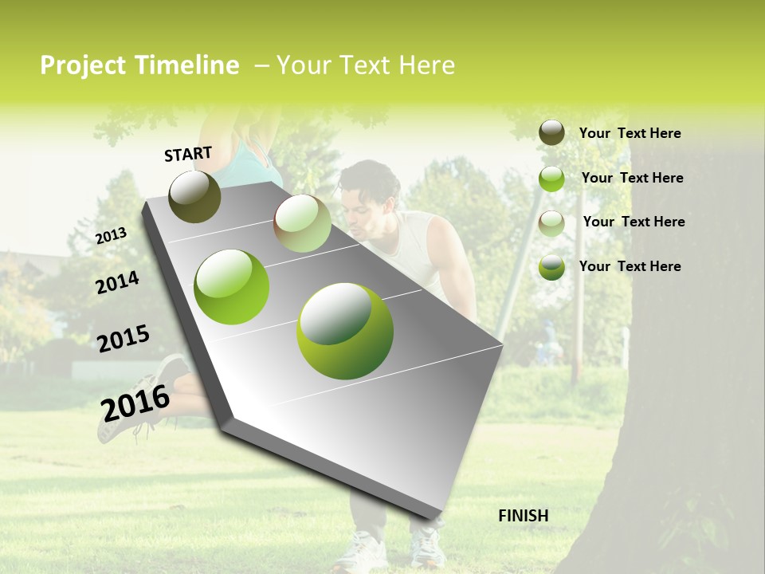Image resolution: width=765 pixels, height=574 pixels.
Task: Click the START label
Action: (188, 154)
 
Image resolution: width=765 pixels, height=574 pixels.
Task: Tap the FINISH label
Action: (523, 516)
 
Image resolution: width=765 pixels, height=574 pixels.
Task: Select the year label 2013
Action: (111, 235)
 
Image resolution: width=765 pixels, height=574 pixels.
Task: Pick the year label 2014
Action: (117, 282)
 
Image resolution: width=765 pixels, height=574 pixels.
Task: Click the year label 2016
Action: (135, 403)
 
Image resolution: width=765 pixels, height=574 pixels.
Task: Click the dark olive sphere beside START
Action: (194, 196)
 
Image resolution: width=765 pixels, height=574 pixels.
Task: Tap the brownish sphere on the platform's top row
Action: (302, 223)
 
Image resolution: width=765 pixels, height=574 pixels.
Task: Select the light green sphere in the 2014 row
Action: (232, 287)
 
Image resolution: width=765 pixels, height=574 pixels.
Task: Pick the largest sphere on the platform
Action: (345, 331)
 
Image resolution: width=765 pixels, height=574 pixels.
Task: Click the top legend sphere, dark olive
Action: (551, 132)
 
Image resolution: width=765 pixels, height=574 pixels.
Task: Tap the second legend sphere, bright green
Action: (551, 179)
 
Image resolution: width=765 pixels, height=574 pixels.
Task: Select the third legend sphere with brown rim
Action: (551, 223)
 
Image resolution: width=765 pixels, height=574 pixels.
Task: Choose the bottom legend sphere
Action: (551, 267)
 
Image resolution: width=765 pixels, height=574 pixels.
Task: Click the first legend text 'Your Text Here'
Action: (630, 133)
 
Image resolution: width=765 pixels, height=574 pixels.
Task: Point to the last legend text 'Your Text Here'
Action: (630, 266)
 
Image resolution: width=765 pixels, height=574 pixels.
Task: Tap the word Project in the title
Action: (82, 65)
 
